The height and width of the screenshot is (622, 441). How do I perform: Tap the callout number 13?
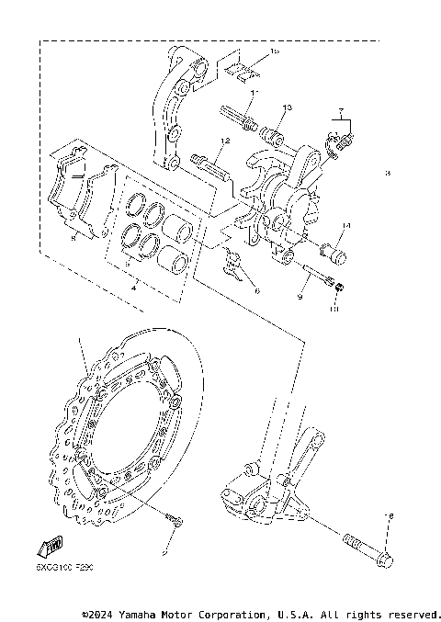click(287, 108)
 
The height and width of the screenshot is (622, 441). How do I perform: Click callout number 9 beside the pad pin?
click(299, 296)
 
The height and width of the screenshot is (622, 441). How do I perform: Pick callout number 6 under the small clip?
click(257, 290)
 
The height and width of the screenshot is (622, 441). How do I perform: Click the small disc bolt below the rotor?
click(172, 523)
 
